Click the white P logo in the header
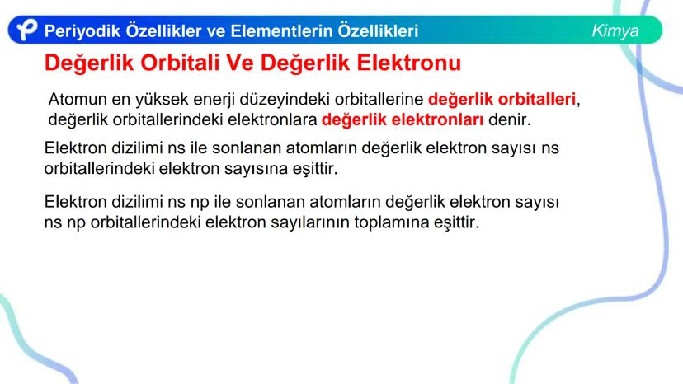pos(27,30)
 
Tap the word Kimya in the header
pos(615,31)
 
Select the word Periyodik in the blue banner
pos(82,31)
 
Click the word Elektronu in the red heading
pos(408,63)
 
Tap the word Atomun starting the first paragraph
pos(78,99)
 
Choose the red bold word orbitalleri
pos(537,99)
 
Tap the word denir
pos(510,119)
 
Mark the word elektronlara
pos(272,119)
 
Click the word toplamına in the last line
pos(391,222)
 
